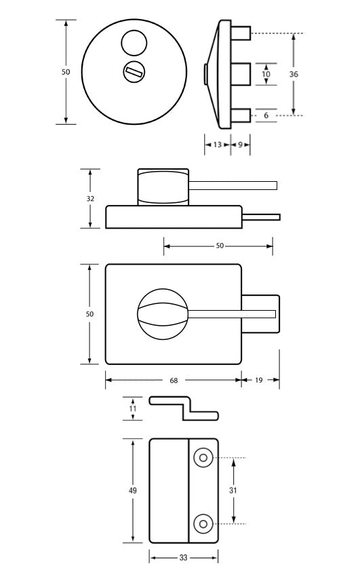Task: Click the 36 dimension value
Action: pos(294,74)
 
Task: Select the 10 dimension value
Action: pos(266,74)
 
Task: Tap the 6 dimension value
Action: pos(266,115)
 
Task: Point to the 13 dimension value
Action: pos(218,145)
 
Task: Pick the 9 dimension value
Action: pos(240,145)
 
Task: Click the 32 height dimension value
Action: pos(90,198)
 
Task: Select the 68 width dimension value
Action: pos(174,381)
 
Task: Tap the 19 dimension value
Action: pos(259,380)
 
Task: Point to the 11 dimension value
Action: pos(132,408)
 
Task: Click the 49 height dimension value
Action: pos(132,490)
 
